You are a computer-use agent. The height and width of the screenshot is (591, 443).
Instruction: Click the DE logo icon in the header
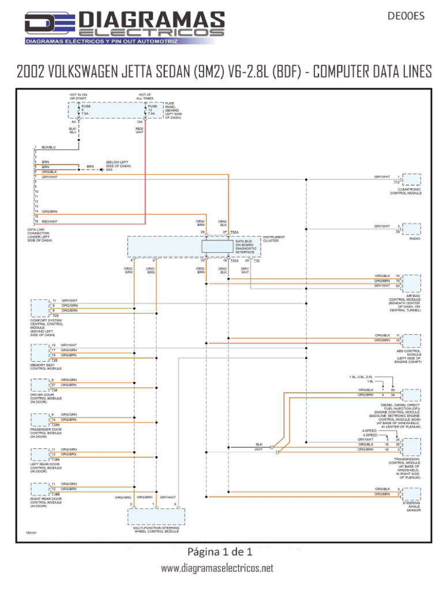point(49,25)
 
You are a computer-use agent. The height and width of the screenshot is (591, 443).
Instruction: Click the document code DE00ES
point(406,16)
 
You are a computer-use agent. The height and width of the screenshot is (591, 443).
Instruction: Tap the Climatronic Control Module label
point(406,191)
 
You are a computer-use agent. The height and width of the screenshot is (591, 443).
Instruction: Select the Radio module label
point(415,238)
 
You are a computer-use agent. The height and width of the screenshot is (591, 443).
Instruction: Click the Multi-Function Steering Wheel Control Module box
point(156,515)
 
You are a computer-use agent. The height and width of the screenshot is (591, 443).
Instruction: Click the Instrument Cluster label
point(275,239)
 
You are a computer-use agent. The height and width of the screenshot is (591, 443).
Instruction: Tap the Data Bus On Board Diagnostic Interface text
point(248,246)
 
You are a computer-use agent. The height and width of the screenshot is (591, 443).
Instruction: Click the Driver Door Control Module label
point(46,399)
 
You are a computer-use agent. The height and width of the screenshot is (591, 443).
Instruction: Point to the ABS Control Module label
point(408,354)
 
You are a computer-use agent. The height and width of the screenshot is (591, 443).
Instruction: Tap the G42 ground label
point(109,170)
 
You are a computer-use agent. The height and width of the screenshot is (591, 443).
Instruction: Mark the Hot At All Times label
point(145,96)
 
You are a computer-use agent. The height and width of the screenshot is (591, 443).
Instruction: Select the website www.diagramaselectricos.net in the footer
point(217,568)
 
